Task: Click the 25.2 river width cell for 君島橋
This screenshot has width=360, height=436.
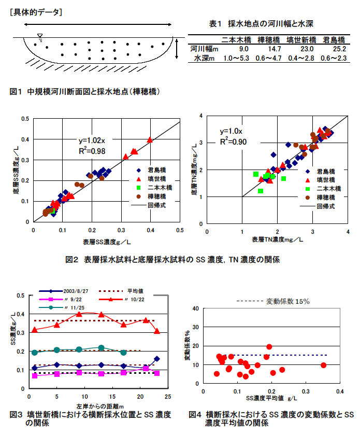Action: [x=334, y=49]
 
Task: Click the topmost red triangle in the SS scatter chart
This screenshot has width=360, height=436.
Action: [x=150, y=139]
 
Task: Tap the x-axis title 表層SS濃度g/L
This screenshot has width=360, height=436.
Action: [x=107, y=242]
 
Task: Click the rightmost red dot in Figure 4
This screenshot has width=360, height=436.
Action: [x=323, y=365]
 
